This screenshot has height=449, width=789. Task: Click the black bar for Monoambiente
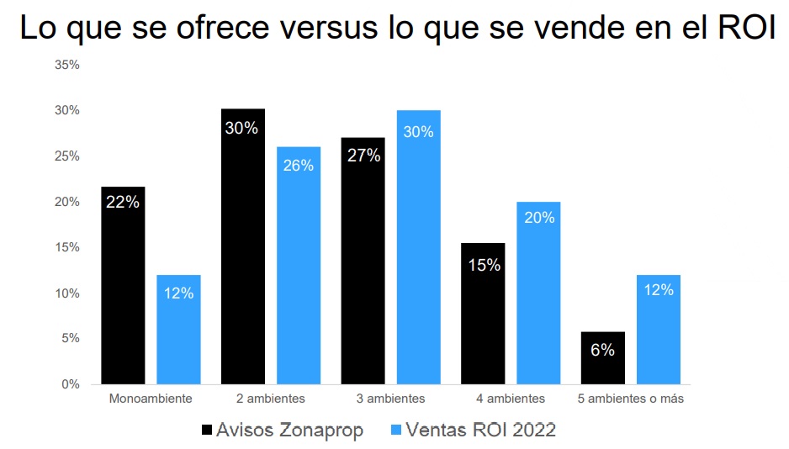[x=123, y=286]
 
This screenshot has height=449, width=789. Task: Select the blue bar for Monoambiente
[x=178, y=330]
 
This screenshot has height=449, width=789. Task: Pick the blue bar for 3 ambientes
[x=418, y=247]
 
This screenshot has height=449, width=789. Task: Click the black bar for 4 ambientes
[x=483, y=314]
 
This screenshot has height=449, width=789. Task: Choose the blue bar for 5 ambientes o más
[x=658, y=330]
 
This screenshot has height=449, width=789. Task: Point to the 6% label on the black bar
[x=602, y=351]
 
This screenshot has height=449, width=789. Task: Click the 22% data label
[x=123, y=202]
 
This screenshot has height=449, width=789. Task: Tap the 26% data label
[x=298, y=166]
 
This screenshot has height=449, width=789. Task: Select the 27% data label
[x=363, y=156]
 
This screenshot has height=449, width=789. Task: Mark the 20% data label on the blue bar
[x=538, y=218]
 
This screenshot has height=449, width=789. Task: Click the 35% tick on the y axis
[x=67, y=65]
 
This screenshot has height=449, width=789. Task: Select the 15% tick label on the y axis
[x=67, y=247]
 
